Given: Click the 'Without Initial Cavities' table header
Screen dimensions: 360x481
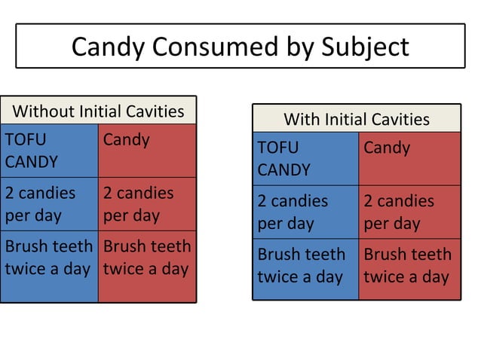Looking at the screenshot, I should point(98,111).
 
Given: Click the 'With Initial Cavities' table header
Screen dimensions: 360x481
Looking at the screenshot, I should point(356,119).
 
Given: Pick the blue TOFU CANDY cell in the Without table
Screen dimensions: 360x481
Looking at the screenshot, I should point(50,151).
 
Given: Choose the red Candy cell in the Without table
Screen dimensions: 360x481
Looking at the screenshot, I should point(147,151).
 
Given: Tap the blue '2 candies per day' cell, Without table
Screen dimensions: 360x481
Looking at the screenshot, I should point(50,204).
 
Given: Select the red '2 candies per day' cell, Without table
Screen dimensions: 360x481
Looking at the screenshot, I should point(147,204).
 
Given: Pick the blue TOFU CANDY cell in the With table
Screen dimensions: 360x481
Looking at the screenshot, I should point(305,159).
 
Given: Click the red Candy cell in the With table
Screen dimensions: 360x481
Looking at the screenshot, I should point(409,159).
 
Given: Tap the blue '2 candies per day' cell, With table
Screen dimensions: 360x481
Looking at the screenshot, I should point(305,212).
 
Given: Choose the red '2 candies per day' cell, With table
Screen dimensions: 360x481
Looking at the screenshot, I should point(409,212).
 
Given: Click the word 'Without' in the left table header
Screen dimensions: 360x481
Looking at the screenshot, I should point(44,111).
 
